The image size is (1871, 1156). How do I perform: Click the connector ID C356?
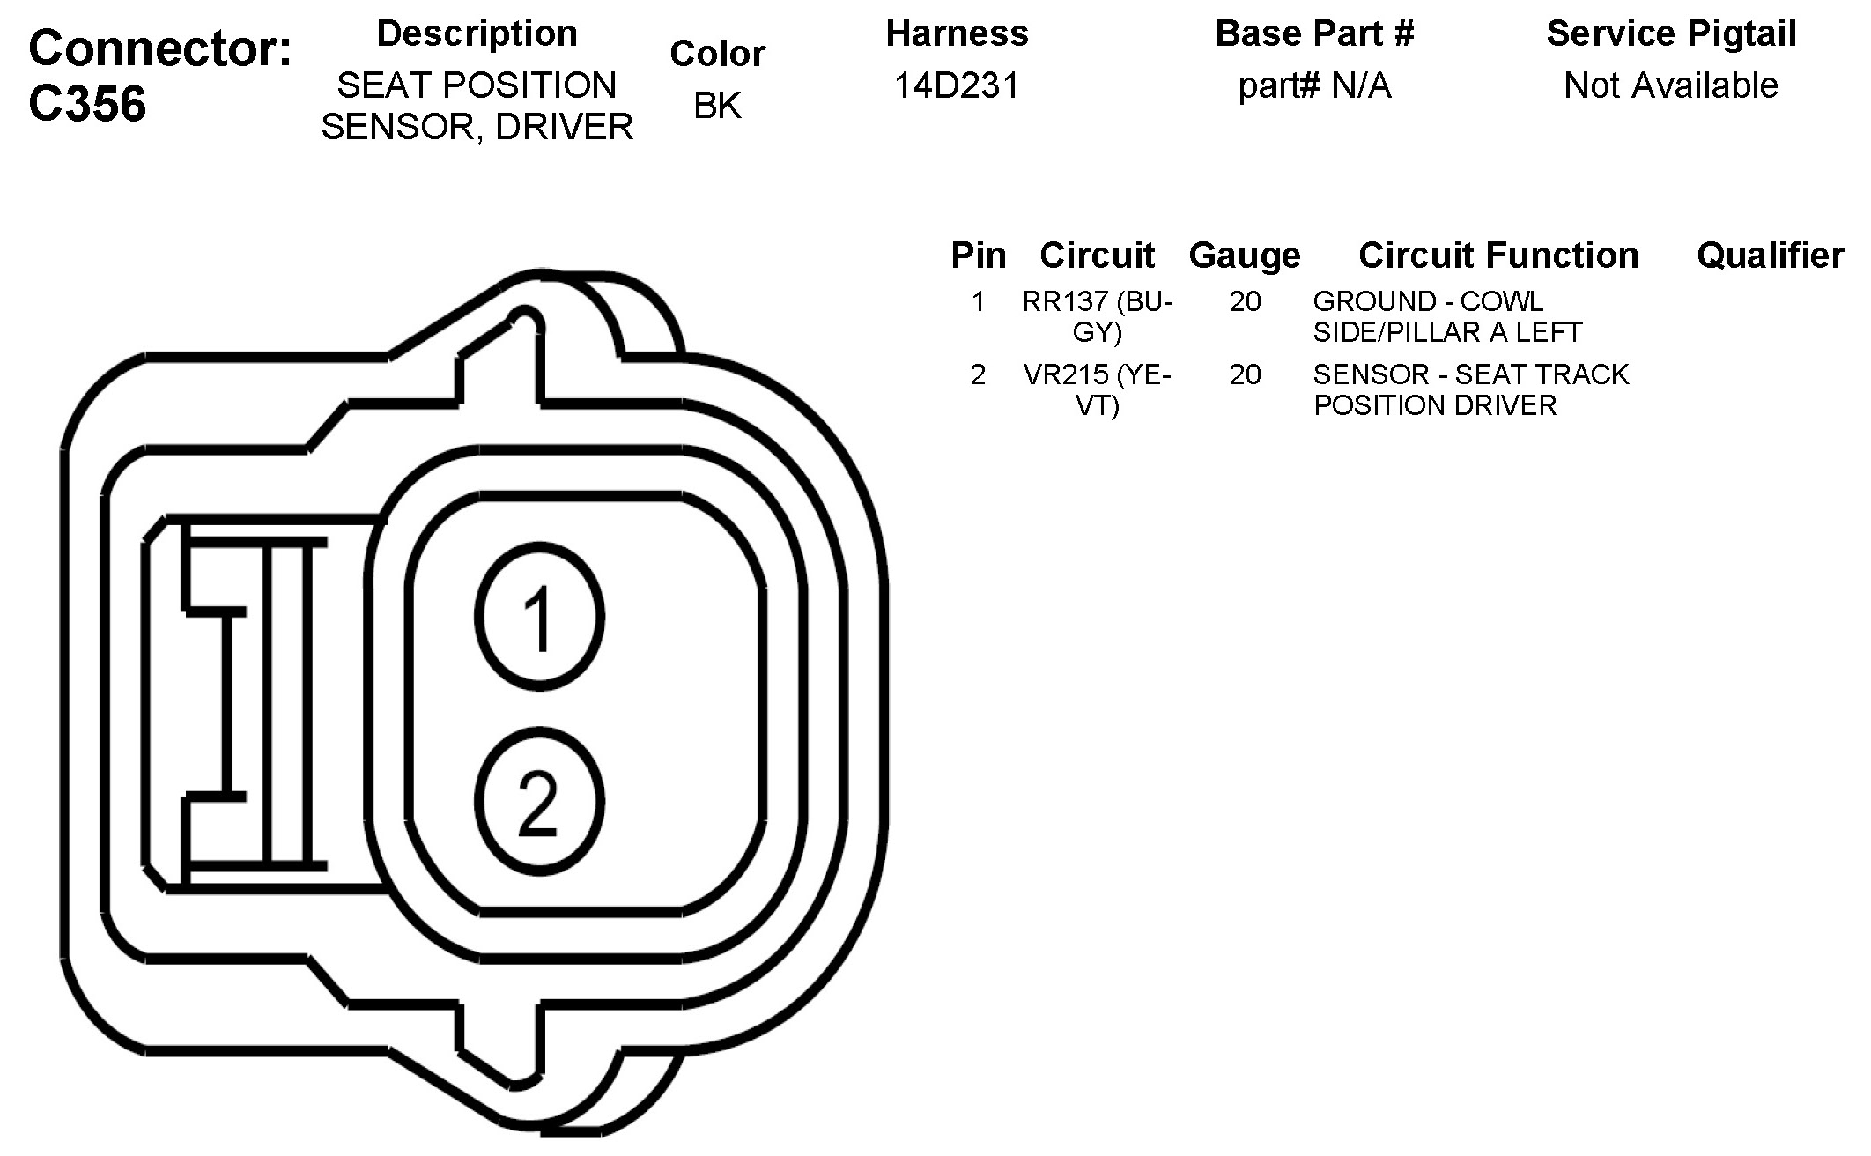[x=87, y=104]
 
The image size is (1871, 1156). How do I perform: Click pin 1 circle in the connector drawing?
[x=539, y=617]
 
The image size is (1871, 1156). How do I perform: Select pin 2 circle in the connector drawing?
[x=539, y=802]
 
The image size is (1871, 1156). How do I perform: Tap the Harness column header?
[x=957, y=33]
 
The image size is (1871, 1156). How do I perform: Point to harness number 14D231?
[x=957, y=85]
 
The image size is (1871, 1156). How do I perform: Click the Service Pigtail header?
[x=1671, y=33]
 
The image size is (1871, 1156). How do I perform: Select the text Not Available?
[x=1670, y=85]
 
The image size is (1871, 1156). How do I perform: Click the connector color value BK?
[x=717, y=105]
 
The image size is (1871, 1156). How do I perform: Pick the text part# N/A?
[x=1314, y=85]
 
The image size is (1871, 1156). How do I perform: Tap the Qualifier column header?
[x=1770, y=256]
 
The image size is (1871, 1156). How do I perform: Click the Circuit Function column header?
[x=1498, y=256]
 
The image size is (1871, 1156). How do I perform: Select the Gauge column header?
[x=1244, y=256]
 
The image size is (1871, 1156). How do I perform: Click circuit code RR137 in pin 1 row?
[x=1064, y=302]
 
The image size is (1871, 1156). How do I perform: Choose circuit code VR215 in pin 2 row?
[x=1065, y=375]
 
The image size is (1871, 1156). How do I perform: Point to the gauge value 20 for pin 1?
[x=1245, y=302]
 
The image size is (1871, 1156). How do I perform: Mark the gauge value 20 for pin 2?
[x=1245, y=375]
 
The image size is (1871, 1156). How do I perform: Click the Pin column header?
[x=978, y=256]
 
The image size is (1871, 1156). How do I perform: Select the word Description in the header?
[x=477, y=33]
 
